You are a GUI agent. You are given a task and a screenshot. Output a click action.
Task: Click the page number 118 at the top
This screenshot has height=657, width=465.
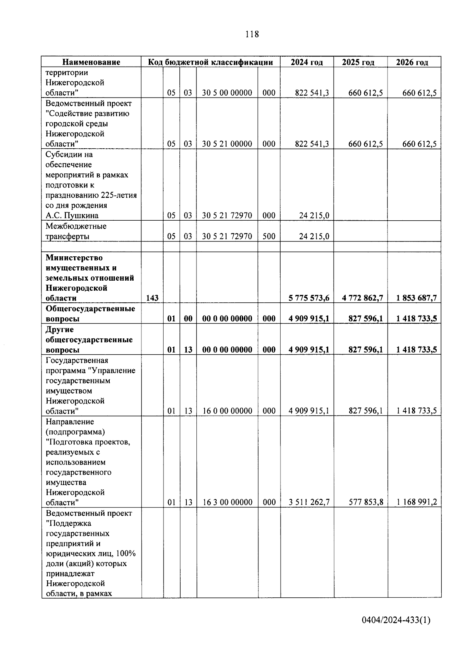pyautogui.click(x=252, y=34)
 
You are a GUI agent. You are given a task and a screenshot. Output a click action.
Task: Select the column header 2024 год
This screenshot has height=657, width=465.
pyautogui.click(x=307, y=62)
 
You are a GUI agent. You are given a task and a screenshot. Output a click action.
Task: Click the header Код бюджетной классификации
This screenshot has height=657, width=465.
pyautogui.click(x=211, y=62)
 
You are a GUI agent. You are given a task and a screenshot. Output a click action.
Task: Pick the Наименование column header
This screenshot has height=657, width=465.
pyautogui.click(x=91, y=62)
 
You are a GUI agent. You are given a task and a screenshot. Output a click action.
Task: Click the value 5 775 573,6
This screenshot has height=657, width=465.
pyautogui.click(x=309, y=298)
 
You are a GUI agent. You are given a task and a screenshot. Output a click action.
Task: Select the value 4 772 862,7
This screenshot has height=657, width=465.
pyautogui.click(x=363, y=298)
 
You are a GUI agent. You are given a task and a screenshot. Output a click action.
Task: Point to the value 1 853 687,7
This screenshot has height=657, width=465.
pyautogui.click(x=417, y=298)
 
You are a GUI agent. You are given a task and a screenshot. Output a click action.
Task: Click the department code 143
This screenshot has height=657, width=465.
pyautogui.click(x=152, y=298)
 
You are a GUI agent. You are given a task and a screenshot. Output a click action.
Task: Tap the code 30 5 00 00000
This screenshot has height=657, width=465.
pyautogui.click(x=227, y=93)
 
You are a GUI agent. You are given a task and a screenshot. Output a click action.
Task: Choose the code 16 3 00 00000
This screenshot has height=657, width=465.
pyautogui.click(x=227, y=502)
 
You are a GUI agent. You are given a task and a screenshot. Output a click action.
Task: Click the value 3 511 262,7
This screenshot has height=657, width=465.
pyautogui.click(x=309, y=502)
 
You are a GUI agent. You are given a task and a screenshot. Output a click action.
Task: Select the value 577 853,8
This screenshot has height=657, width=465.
pyautogui.click(x=365, y=502)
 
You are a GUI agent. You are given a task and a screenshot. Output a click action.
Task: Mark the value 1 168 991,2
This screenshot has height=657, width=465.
pyautogui.click(x=417, y=502)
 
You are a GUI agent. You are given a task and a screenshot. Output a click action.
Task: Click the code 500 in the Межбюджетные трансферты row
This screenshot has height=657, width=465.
pyautogui.click(x=269, y=236)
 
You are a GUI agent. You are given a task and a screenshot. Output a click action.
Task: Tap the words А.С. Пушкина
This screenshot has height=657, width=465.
pyautogui.click(x=72, y=216)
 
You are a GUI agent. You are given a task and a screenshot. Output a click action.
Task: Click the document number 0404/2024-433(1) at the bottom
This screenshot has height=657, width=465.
pyautogui.click(x=396, y=620)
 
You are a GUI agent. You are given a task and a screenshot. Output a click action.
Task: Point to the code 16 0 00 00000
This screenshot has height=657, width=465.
pyautogui.click(x=227, y=411)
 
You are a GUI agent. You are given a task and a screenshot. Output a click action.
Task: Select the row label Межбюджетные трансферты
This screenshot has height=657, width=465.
pyautogui.click(x=76, y=231)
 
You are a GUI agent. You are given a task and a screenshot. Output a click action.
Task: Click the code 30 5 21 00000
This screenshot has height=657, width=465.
pyautogui.click(x=227, y=144)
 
